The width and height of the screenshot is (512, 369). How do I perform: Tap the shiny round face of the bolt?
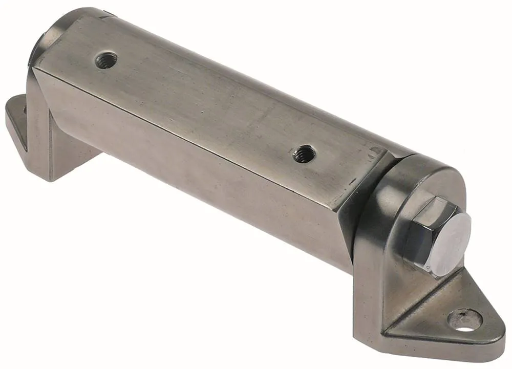tap(454, 245)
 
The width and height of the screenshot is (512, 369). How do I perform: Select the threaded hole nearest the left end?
tap(106, 60)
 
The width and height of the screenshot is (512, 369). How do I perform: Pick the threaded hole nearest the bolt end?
tap(303, 153)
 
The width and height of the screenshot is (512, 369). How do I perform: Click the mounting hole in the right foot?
tap(465, 319)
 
